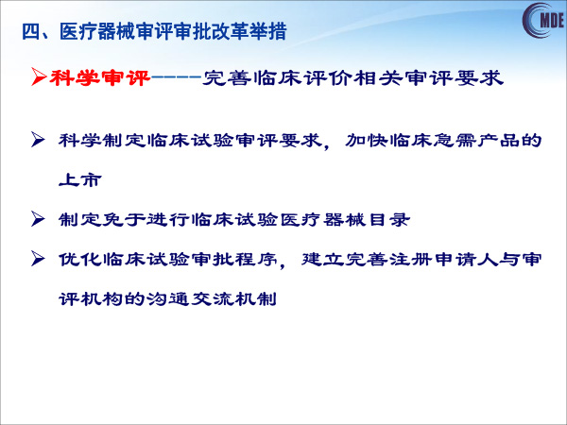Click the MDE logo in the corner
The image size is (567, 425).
[544, 20]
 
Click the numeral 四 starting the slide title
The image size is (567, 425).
[31, 31]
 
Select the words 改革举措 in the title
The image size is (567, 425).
[249, 31]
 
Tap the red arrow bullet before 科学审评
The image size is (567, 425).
[39, 77]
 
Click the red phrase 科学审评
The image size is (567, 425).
[100, 77]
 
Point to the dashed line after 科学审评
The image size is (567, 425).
[177, 77]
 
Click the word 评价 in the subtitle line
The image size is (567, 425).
[328, 77]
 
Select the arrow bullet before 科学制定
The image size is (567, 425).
[38, 140]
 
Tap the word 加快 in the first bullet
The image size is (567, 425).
[367, 140]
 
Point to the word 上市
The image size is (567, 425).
[80, 179]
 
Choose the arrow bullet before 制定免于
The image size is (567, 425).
[38, 219]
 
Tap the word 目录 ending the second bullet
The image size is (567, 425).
[389, 219]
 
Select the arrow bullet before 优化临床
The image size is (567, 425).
[38, 259]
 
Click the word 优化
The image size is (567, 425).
[80, 259]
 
